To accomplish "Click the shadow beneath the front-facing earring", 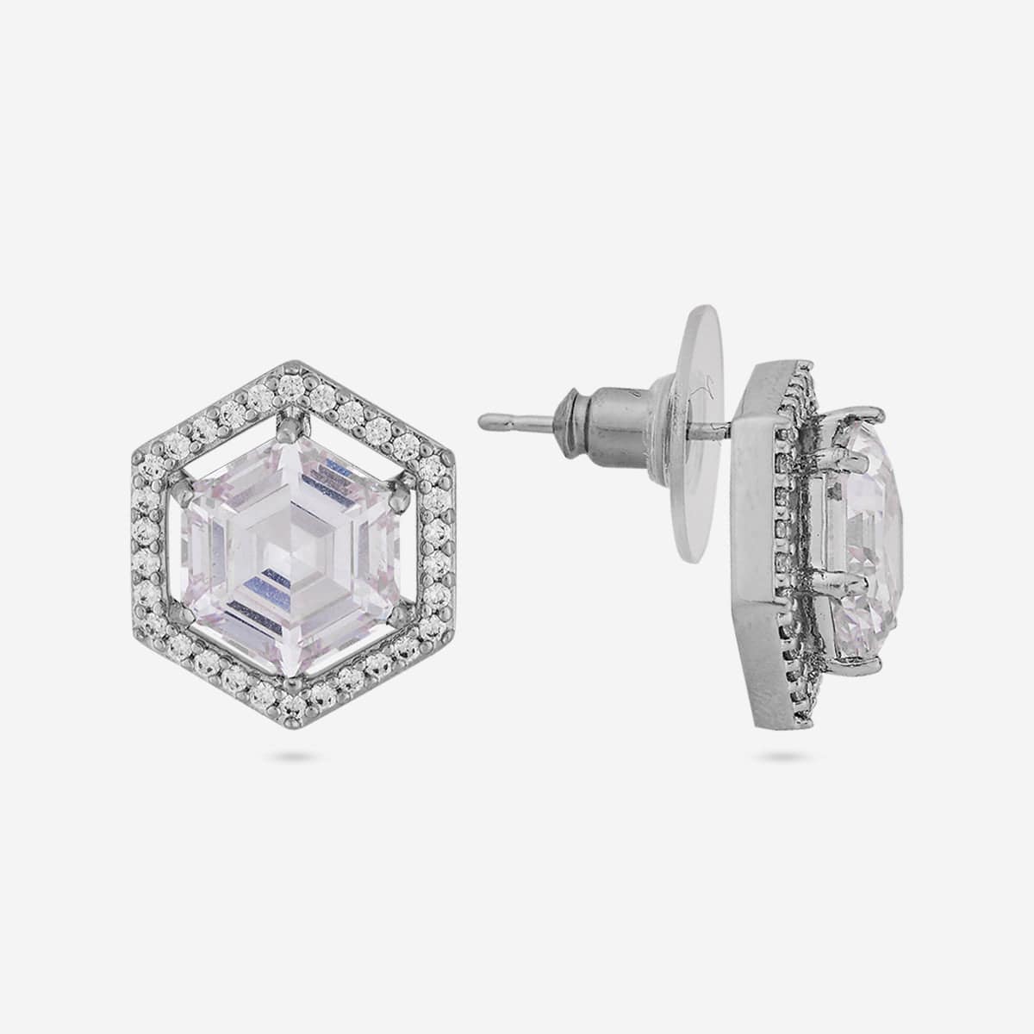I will click(293, 757).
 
